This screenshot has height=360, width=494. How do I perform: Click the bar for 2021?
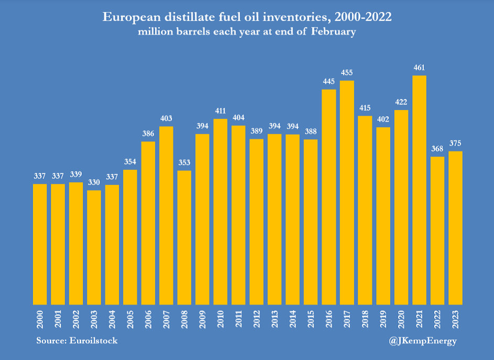[x=419, y=190]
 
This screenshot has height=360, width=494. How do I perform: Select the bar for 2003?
[x=94, y=247]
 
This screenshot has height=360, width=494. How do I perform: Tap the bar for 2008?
[x=184, y=237]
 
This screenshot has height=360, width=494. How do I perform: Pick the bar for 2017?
[x=347, y=192]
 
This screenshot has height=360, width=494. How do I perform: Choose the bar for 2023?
[x=455, y=227]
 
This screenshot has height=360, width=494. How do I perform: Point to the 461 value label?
[x=419, y=67]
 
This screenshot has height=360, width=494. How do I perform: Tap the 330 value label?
[x=94, y=182]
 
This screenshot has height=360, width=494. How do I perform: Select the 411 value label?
[x=220, y=111]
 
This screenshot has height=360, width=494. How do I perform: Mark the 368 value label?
[x=437, y=148]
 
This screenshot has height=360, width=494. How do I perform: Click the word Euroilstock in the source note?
[x=94, y=341]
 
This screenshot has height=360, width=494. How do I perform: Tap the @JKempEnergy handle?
[x=424, y=341]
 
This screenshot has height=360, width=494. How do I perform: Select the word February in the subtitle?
[x=334, y=31]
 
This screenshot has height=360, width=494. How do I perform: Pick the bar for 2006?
[x=148, y=223]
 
